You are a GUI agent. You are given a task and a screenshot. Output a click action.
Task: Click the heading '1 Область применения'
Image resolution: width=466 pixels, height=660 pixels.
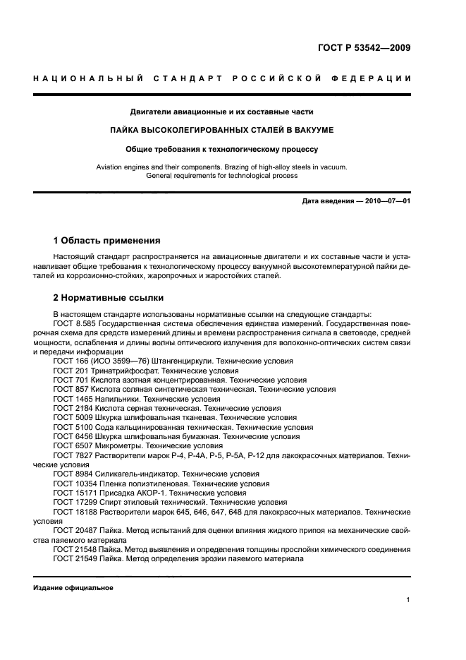(107, 241)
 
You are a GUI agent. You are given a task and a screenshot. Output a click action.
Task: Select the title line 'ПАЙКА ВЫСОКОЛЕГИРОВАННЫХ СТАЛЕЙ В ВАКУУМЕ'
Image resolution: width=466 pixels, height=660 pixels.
(221, 131)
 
